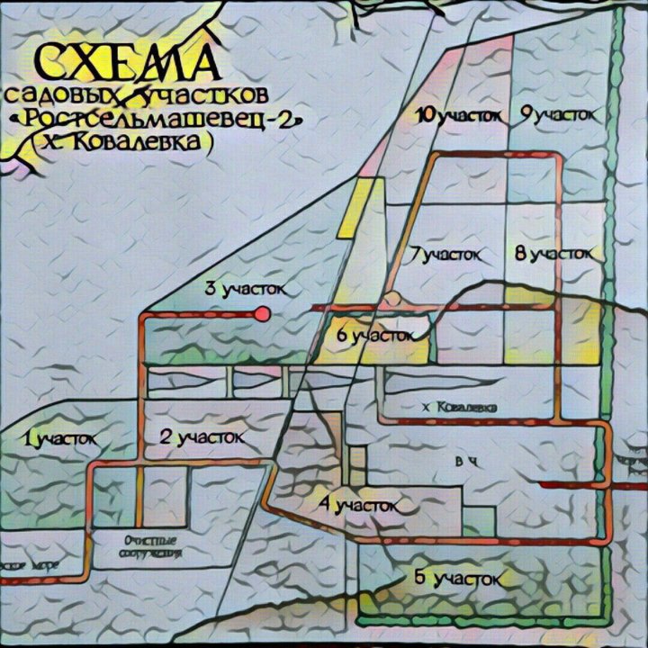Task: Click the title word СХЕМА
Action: [x=125, y=63]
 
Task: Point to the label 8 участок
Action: [x=553, y=254]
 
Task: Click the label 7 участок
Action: [x=445, y=255]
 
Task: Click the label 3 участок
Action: [x=245, y=289]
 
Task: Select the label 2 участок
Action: [x=202, y=437]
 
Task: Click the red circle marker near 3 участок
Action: [x=263, y=314]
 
